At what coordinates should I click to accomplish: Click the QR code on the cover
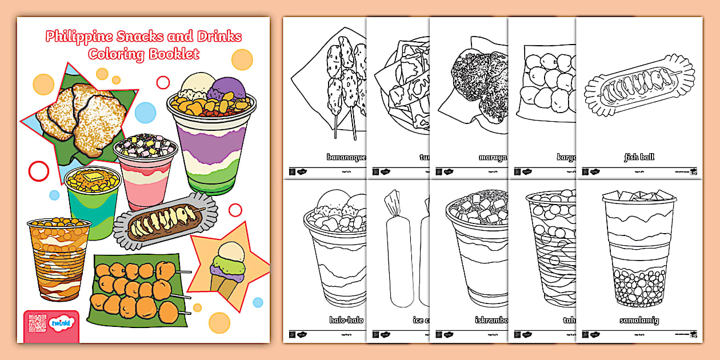37,323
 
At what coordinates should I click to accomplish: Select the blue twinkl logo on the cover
61,324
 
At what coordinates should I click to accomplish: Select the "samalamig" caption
639,320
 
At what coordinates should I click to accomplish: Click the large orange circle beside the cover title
242,59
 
